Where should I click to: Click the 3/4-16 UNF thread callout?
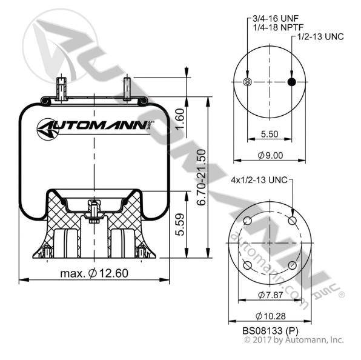276,18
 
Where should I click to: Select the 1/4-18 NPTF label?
278,27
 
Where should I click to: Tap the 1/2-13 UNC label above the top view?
320,36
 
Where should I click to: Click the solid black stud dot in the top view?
292,82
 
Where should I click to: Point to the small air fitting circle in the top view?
247,82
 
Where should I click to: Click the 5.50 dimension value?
270,134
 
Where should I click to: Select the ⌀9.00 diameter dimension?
270,156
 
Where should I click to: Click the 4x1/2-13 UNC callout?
259,179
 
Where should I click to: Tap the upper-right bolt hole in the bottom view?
292,221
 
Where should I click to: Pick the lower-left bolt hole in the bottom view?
247,265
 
